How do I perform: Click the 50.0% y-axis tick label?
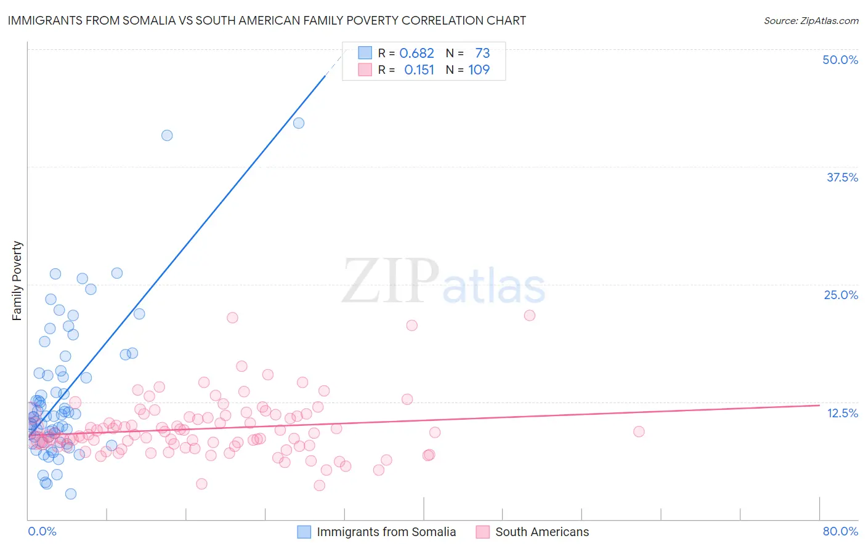point(840,60)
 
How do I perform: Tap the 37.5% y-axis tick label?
point(841,177)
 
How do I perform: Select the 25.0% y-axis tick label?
point(841,295)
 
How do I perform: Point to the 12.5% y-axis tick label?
point(842,413)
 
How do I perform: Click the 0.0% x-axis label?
point(42,531)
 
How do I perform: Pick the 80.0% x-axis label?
point(840,531)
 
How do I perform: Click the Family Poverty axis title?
point(17,281)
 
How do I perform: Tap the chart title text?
point(267,20)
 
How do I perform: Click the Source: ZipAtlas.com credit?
point(811,20)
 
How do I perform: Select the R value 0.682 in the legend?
point(416,53)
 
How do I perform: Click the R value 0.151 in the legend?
point(419,70)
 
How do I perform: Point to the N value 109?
point(479,70)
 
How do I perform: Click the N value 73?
point(482,53)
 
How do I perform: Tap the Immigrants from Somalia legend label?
point(386,532)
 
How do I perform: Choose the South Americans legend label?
point(542,532)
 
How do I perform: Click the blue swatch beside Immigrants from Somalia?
point(304,532)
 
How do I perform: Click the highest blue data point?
point(299,123)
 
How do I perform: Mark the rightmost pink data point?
point(639,431)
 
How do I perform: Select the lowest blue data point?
point(71,494)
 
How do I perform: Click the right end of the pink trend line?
point(819,405)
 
